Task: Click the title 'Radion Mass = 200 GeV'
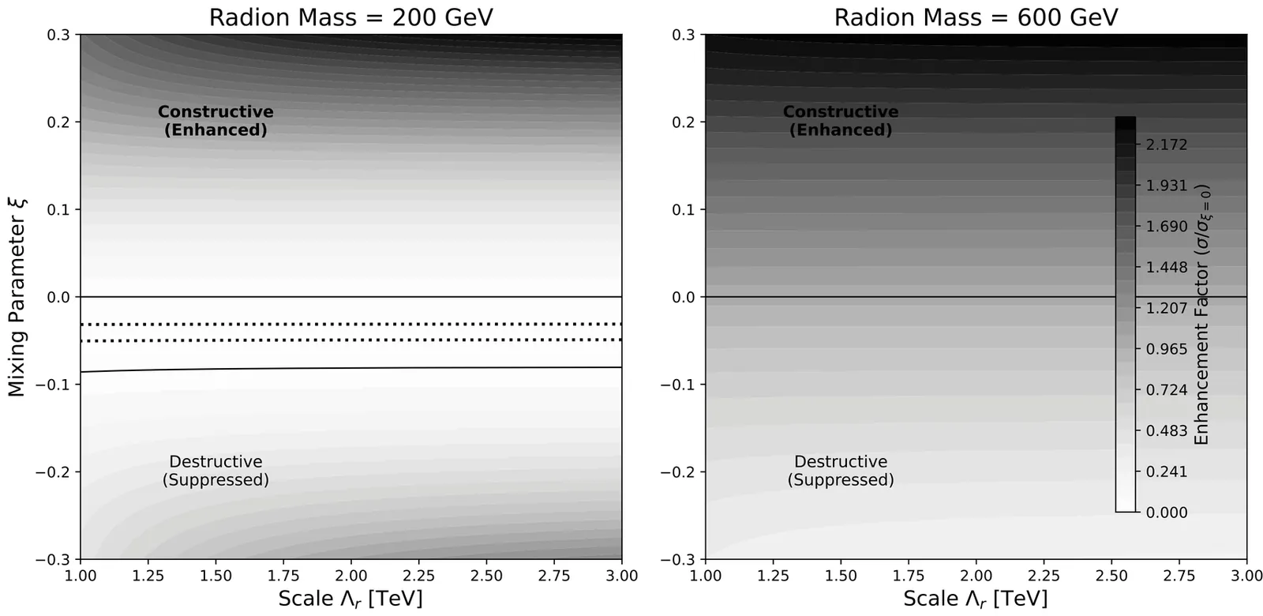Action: [x=350, y=17]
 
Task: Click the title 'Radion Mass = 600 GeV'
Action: [x=976, y=17]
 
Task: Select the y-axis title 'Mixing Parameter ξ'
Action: [x=17, y=297]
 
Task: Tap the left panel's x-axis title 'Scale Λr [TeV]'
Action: [x=350, y=599]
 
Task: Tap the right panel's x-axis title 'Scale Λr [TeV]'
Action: [x=976, y=599]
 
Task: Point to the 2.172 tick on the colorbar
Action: [x=1167, y=145]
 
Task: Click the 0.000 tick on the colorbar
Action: [x=1167, y=513]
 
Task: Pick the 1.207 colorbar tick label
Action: [x=1167, y=308]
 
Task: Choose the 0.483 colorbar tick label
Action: [x=1167, y=431]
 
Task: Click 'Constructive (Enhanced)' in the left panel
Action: [x=215, y=121]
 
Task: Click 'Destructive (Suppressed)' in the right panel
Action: [x=841, y=471]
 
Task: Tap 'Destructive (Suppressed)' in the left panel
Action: [x=215, y=471]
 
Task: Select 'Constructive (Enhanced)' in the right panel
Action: [x=841, y=121]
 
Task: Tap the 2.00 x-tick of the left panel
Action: [x=351, y=575]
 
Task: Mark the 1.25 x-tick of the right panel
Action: [x=774, y=575]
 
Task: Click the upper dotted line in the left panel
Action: [x=350, y=325]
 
